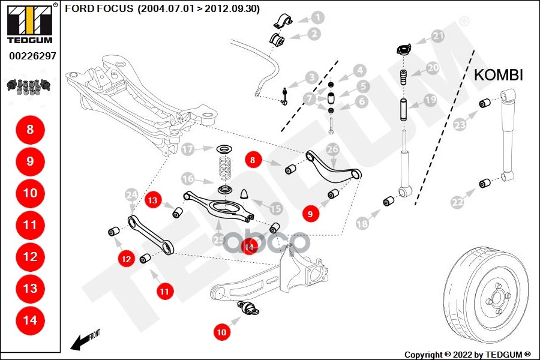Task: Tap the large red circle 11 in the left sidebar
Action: [x=30, y=225]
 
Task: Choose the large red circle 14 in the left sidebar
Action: [x=30, y=320]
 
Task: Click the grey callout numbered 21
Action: [x=439, y=36]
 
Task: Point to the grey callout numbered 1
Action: [x=317, y=19]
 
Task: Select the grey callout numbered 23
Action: [x=460, y=125]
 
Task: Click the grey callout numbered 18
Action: [x=362, y=224]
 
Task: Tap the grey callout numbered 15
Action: [x=275, y=209]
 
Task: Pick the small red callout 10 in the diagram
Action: [x=222, y=331]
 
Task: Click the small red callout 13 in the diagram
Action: [x=154, y=200]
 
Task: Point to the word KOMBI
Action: [x=499, y=75]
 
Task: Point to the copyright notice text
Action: [x=467, y=354]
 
